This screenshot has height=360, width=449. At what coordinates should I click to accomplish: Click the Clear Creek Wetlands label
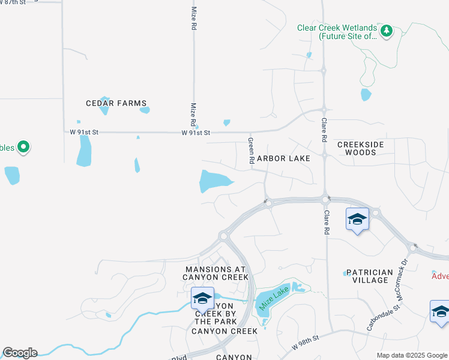(337, 32)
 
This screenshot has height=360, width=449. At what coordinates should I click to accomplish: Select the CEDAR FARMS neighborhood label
(116, 103)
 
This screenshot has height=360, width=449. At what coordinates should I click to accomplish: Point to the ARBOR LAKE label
(284, 158)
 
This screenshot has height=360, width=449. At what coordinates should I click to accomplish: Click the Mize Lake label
(274, 298)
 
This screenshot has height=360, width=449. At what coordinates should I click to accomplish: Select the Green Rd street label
(252, 151)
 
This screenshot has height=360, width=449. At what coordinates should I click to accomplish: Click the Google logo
(19, 353)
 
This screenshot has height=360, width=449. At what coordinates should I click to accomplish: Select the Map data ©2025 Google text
(412, 355)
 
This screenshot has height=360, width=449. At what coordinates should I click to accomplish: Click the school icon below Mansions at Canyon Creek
(202, 298)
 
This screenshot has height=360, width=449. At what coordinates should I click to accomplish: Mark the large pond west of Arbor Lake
(212, 180)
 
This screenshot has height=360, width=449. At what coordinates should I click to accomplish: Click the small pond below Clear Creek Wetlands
(366, 95)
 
